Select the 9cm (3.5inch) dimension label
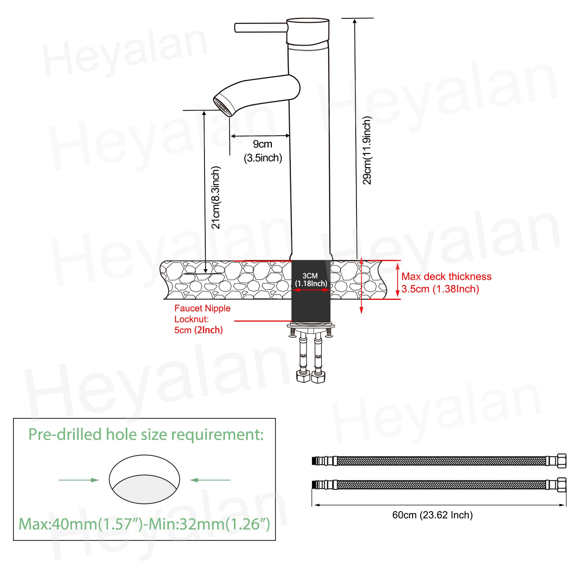click(x=263, y=151)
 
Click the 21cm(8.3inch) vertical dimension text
click(x=216, y=198)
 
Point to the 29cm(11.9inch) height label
click(x=367, y=150)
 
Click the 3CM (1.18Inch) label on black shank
click(x=311, y=279)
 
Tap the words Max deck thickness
click(x=446, y=277)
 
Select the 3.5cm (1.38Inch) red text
click(x=440, y=289)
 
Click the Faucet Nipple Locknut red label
click(x=202, y=319)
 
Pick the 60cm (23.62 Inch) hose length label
click(x=432, y=515)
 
